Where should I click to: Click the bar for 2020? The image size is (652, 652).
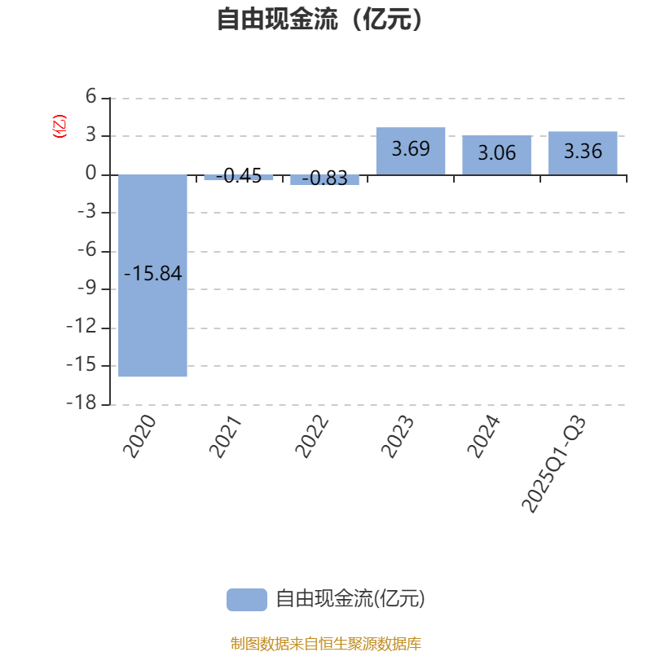(x=153, y=326)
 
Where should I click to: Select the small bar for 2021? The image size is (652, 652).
(x=239, y=178)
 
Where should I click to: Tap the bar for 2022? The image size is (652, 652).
(x=324, y=180)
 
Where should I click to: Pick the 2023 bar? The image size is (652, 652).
(x=411, y=139)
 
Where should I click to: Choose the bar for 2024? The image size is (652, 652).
(x=496, y=143)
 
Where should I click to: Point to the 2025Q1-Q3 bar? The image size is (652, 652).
(x=582, y=140)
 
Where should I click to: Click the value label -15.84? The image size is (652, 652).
(x=153, y=274)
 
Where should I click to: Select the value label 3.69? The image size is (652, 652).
(x=411, y=150)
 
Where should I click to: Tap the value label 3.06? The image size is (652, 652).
(x=496, y=152)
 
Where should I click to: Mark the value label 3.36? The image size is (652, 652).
(x=582, y=152)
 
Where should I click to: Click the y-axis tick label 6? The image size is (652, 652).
(x=91, y=98)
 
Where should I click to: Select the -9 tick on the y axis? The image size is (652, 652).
(x=86, y=289)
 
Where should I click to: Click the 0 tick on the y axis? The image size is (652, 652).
(x=91, y=174)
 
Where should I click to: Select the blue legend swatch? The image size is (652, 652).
(x=246, y=599)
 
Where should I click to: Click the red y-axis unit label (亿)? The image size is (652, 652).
(x=59, y=127)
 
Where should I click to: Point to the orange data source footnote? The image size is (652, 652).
(x=325, y=644)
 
